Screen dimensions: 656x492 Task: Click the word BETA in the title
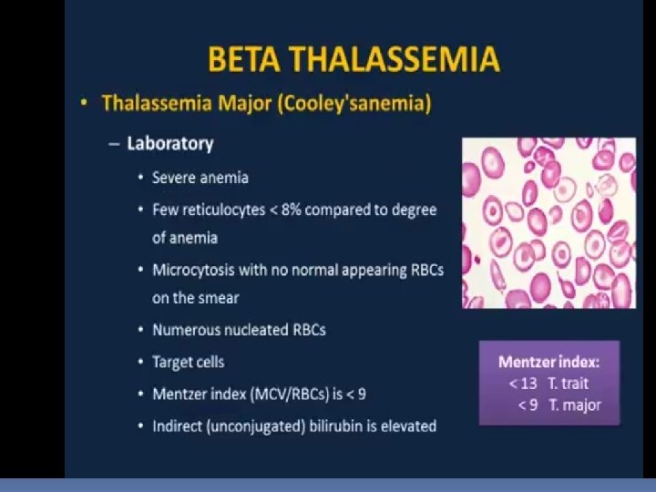click(244, 59)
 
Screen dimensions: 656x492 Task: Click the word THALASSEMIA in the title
click(395, 59)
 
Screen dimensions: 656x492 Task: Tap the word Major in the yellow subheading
click(245, 103)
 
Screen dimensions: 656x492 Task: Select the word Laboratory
click(170, 144)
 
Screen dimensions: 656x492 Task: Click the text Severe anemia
click(200, 178)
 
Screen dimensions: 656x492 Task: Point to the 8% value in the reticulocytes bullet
click(292, 210)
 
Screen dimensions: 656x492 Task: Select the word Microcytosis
click(193, 271)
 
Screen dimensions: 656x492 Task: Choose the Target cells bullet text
click(189, 362)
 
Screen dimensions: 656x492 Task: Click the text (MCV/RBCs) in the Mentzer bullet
click(290, 395)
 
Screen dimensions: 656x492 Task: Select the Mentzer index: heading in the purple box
click(548, 362)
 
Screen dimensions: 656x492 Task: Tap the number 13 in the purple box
click(528, 384)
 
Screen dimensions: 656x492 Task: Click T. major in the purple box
click(575, 405)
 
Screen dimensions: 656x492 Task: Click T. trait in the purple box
click(569, 384)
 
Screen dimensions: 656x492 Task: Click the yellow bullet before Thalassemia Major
click(84, 102)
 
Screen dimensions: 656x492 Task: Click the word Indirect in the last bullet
click(178, 425)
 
